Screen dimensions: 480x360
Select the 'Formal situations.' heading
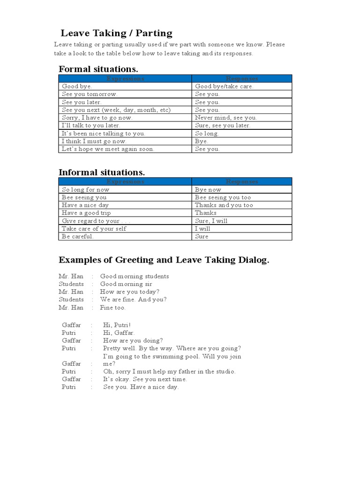98,69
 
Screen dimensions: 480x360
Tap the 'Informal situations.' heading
102,172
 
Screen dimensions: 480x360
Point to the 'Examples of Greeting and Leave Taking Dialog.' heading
164,260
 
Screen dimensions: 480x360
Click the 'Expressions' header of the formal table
125,79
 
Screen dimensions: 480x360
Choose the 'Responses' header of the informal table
242,181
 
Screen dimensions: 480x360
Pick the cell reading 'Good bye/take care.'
224,87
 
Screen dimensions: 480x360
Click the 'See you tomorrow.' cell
90,94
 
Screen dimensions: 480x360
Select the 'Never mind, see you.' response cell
226,118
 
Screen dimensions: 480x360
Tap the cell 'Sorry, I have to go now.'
97,118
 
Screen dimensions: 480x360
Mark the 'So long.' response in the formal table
207,134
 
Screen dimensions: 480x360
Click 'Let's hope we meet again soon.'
108,149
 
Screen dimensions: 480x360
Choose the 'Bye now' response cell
208,190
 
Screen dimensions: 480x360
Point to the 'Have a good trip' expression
86,213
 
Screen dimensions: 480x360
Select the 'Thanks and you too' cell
224,205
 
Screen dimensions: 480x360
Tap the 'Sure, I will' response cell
211,221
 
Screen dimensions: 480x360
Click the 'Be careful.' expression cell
78,236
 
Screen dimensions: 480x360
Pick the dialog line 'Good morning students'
135,277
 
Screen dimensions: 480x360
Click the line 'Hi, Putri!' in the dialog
117,325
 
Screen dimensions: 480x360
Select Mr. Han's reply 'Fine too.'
112,308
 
